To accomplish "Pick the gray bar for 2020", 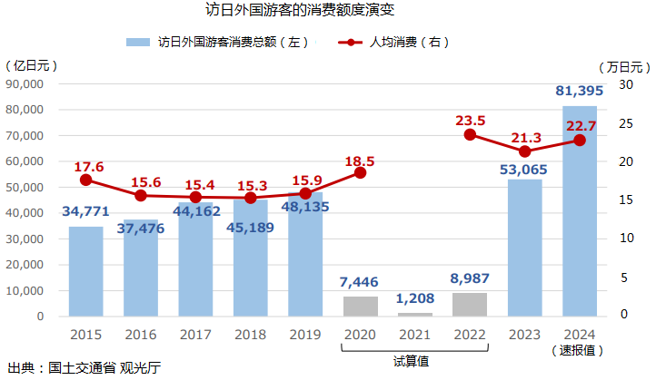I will pyautogui.click(x=360, y=307).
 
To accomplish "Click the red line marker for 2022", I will pyautogui.click(x=470, y=134).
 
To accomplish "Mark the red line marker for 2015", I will pyautogui.click(x=86, y=180).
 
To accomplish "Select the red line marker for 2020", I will pyautogui.click(x=360, y=172).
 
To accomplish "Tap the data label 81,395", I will pyautogui.click(x=580, y=91).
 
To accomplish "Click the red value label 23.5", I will pyautogui.click(x=470, y=120).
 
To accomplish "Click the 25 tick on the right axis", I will pyautogui.click(x=626, y=123).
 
